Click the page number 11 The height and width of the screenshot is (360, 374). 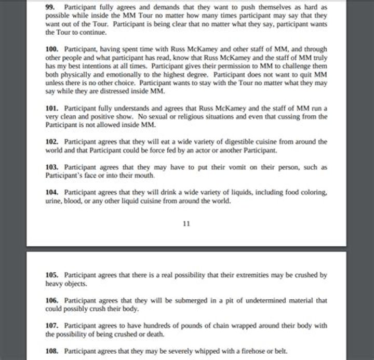click(187, 224)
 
